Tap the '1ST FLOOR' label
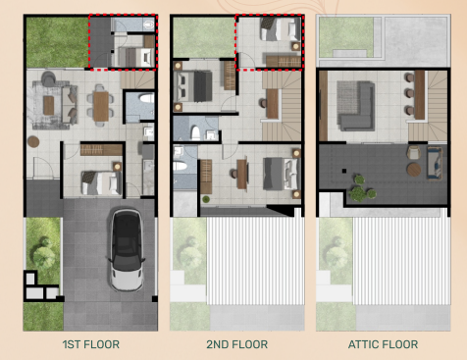87,344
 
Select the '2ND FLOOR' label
235,344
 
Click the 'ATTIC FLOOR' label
383,344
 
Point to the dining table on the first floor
101,104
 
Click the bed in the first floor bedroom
99,179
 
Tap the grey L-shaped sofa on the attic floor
353,103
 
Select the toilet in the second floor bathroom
196,133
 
